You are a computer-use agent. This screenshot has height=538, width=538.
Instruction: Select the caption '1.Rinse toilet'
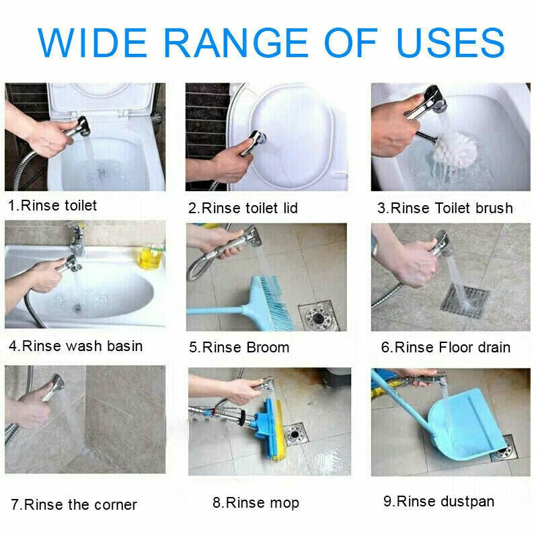[52, 206]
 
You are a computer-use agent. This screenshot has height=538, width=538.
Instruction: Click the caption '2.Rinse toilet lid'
[243, 208]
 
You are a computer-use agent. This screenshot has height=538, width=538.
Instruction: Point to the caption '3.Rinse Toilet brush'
[445, 208]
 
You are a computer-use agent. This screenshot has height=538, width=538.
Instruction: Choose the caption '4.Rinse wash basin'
[75, 346]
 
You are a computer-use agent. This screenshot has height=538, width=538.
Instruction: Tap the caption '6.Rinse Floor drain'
[445, 348]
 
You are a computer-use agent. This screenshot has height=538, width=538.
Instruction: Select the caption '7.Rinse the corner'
[73, 504]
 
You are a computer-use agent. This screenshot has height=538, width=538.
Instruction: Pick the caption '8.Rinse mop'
[256, 502]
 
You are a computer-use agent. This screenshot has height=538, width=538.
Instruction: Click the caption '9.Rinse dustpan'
[438, 501]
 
